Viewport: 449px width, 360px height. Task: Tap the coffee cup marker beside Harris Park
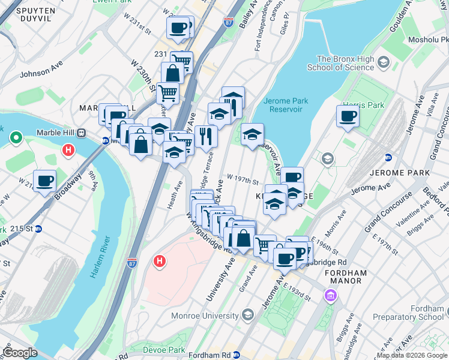coord(347,116)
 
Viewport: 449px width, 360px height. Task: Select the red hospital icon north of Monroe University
coord(159,261)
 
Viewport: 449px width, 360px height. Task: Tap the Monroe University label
coord(206,316)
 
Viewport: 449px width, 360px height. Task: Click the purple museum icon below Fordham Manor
coord(330,295)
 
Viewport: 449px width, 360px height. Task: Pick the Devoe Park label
coord(164,349)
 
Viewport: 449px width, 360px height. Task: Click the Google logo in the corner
coord(20,353)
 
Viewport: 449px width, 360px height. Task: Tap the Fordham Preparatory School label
coord(407,312)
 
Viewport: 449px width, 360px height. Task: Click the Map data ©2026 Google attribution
coord(411,355)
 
